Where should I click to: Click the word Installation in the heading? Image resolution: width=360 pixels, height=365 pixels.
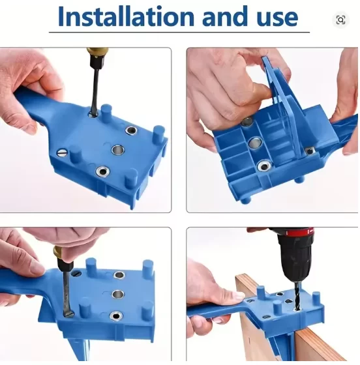[x=126, y=16]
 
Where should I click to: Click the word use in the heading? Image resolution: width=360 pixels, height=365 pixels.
[x=277, y=18]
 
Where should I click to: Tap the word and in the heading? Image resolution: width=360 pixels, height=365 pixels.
[x=225, y=16]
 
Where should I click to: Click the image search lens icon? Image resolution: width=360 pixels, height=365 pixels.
[x=340, y=20]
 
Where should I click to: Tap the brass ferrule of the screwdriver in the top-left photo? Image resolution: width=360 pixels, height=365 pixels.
[x=97, y=53]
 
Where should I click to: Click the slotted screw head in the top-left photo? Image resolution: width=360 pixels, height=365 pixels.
[x=61, y=153]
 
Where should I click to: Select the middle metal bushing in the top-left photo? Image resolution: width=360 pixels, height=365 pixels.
[x=117, y=150]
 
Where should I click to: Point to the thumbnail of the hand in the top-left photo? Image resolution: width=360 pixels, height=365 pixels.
[x=30, y=128]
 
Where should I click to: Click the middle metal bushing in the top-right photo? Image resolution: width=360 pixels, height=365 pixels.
[x=256, y=143]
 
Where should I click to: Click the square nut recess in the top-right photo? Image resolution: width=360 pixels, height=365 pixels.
[x=310, y=151]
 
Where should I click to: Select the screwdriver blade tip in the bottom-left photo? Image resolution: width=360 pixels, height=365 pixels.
[x=68, y=315]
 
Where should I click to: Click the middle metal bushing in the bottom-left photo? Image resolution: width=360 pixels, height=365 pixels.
[x=118, y=294]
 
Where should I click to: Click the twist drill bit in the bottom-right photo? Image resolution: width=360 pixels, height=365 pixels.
[x=297, y=296]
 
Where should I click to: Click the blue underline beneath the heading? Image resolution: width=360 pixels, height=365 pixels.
[x=179, y=32]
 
